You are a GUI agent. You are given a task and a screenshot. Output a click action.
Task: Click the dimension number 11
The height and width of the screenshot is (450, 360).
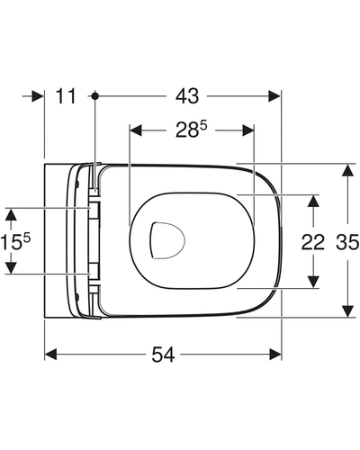click(66, 96)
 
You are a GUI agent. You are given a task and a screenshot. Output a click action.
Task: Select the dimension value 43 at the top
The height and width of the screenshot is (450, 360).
click(187, 96)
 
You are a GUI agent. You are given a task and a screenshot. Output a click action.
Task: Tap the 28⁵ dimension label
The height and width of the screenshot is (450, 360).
click(191, 130)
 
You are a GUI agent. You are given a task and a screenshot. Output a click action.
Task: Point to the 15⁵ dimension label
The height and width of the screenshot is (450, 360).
click(15, 242)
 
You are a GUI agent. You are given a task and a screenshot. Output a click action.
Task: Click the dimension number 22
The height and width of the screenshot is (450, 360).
click(313, 242)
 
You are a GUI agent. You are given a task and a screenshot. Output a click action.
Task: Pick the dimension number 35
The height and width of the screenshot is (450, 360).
click(347, 242)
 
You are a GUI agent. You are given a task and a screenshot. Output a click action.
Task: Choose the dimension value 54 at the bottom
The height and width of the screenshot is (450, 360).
click(163, 355)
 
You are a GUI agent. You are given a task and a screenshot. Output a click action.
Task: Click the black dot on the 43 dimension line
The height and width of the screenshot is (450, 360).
click(95, 96)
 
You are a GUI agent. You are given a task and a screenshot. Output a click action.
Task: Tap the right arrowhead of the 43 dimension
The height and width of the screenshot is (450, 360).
click(274, 96)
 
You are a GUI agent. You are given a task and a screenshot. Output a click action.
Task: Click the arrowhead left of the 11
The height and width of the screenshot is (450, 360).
click(38, 96)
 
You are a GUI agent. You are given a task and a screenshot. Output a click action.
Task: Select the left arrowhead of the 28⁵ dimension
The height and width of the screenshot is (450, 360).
click(135, 130)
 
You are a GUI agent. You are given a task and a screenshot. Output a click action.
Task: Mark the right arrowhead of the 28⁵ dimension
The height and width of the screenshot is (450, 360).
click(248, 130)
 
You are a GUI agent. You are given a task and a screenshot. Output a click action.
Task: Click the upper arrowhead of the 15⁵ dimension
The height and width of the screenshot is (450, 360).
click(11, 215)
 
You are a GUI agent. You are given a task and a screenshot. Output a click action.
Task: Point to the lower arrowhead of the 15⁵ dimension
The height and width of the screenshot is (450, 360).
click(11, 267)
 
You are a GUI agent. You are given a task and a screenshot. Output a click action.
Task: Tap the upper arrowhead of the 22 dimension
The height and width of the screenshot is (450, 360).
click(313, 201)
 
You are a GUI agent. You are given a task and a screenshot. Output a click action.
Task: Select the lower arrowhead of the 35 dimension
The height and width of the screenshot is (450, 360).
click(347, 311)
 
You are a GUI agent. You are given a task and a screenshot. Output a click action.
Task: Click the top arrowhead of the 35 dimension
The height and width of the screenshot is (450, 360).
click(347, 170)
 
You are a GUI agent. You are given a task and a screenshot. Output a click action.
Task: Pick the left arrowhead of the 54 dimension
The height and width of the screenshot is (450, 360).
click(50, 355)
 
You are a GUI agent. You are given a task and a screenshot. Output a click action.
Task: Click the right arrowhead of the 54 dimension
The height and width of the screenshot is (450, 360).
click(275, 355)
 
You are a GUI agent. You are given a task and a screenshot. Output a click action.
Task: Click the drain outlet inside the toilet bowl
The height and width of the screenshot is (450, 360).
click(166, 240)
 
